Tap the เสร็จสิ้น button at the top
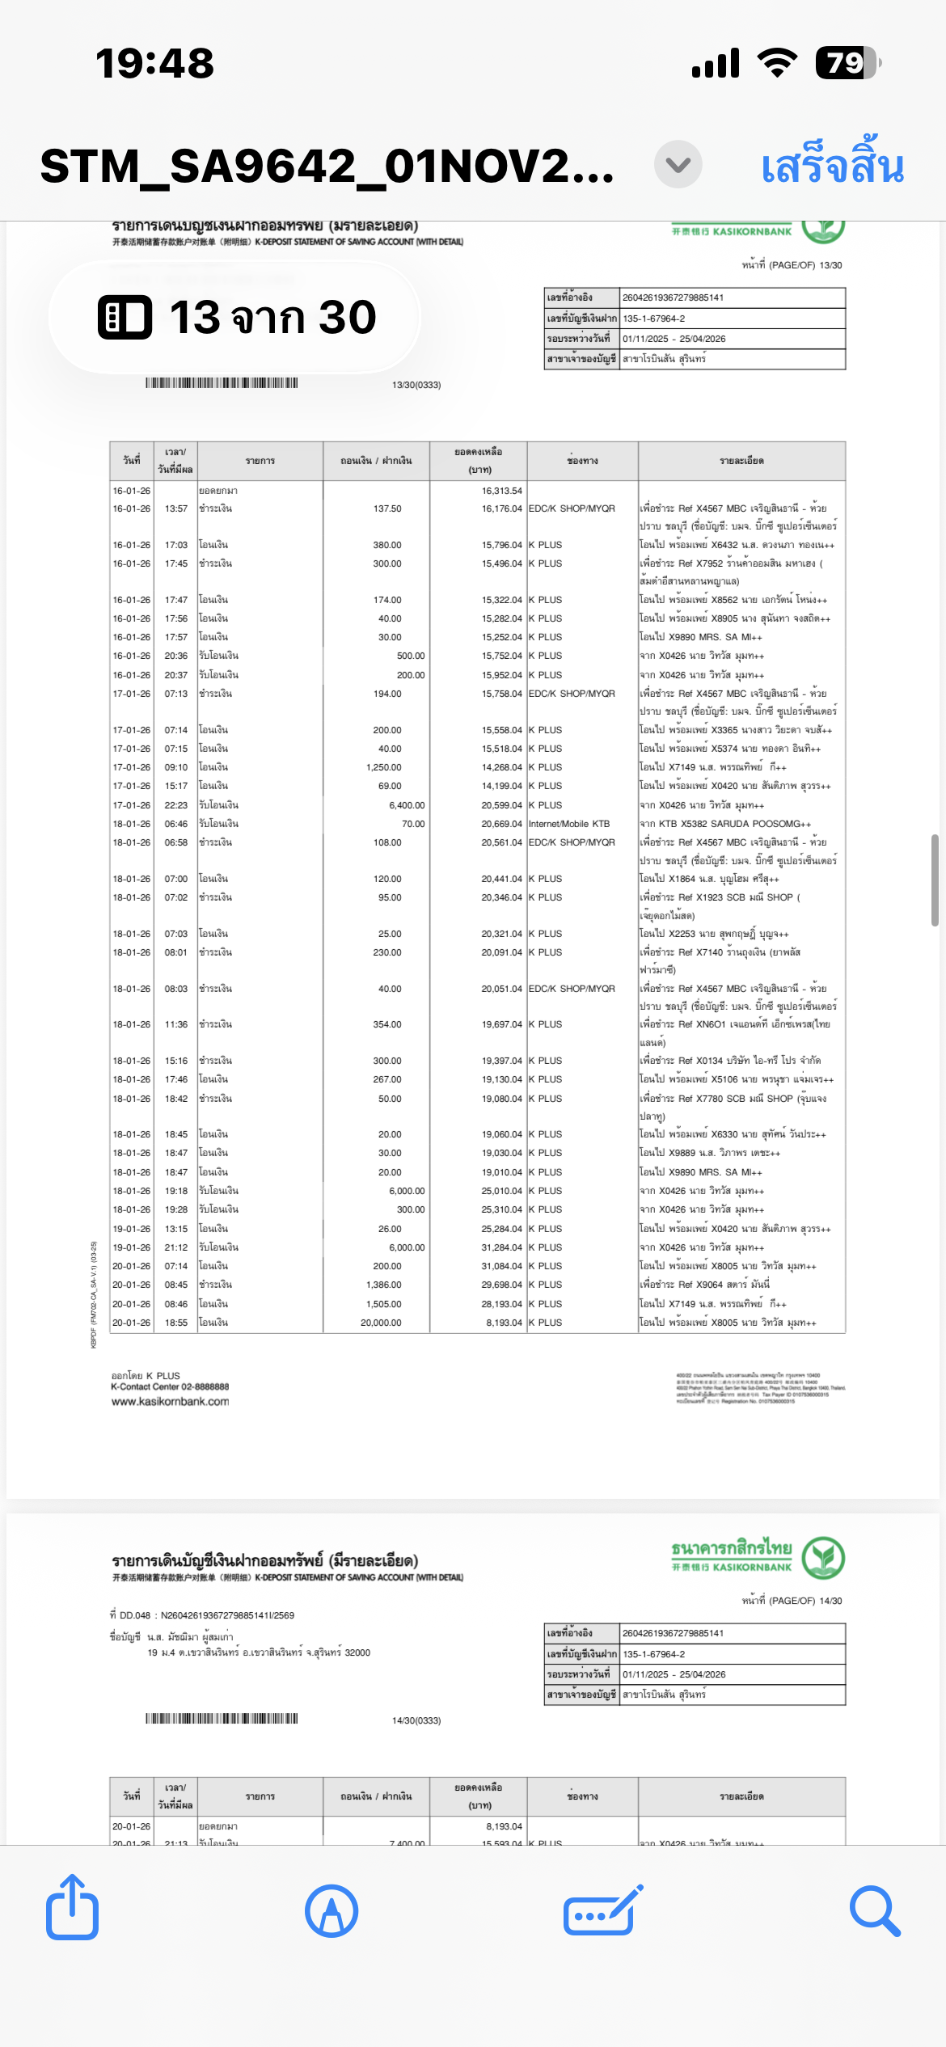(x=832, y=166)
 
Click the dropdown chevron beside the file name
(x=678, y=165)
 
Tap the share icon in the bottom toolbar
(x=72, y=1908)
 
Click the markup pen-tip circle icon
(x=332, y=1911)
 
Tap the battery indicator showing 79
(x=846, y=63)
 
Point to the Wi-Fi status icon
(x=777, y=63)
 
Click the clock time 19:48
(x=154, y=63)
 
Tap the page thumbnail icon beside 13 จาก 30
(x=125, y=317)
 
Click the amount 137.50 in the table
(x=387, y=509)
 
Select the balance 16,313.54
(x=501, y=491)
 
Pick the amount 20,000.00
(x=381, y=1323)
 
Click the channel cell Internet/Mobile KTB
(x=569, y=824)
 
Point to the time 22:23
(x=176, y=805)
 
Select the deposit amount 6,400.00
(x=407, y=805)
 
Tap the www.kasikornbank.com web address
(x=171, y=1402)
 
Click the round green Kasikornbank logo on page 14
(x=823, y=1557)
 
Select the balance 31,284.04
(x=501, y=1247)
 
